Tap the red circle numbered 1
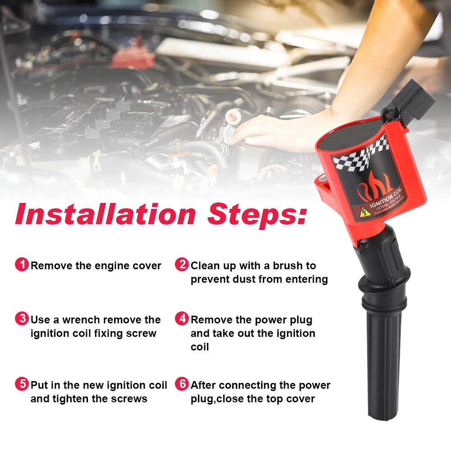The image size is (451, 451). pos(22,264)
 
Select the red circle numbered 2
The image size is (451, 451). pos(182,264)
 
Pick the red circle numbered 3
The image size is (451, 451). pos(22,319)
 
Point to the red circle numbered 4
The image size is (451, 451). pos(182,319)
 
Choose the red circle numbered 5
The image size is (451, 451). pos(22,384)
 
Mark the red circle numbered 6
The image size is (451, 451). pos(182,384)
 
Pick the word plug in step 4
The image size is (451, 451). pos(301,320)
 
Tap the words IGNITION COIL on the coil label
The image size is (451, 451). pos(386,198)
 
